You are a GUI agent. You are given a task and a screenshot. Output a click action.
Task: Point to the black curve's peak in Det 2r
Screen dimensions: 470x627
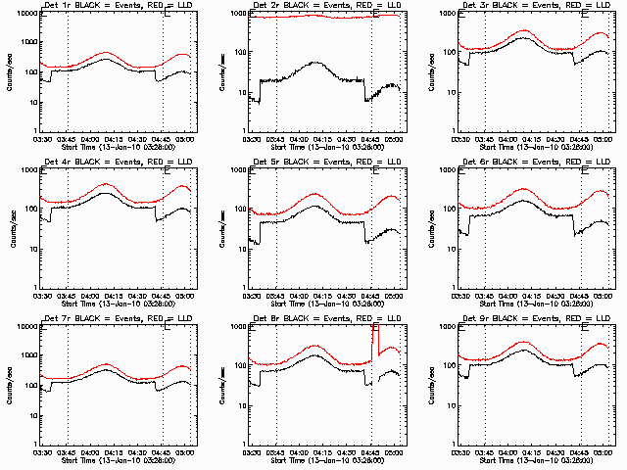pos(315,63)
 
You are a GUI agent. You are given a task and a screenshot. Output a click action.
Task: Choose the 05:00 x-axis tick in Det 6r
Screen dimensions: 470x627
pos(604,295)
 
